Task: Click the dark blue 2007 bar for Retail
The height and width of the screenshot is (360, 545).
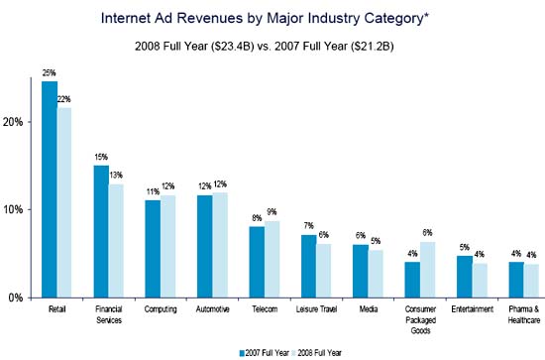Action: (x=49, y=188)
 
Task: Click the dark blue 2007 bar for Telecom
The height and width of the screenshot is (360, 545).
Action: (x=257, y=261)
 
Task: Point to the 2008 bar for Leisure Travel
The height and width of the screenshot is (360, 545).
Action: (x=324, y=270)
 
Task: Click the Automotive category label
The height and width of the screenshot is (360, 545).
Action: (x=212, y=309)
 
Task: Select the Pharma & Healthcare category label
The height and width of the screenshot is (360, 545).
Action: (x=524, y=314)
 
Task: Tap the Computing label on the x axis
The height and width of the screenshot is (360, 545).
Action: (x=161, y=309)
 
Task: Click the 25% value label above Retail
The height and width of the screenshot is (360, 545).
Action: (x=49, y=73)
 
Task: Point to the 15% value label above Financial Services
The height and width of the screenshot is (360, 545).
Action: (x=100, y=158)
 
